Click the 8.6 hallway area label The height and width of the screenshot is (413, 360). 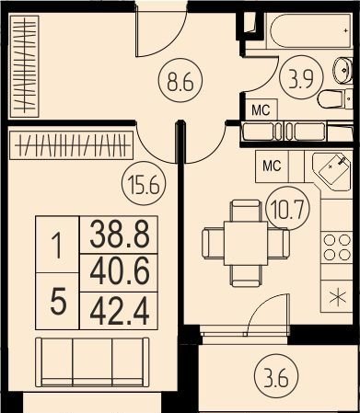(x=180, y=81)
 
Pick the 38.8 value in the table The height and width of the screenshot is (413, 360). (x=120, y=235)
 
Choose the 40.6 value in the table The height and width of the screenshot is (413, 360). (x=120, y=272)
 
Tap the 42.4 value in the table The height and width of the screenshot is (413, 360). (x=120, y=311)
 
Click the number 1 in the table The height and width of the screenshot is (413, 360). (x=57, y=246)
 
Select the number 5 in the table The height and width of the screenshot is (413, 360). (x=58, y=302)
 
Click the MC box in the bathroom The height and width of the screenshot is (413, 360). (x=261, y=109)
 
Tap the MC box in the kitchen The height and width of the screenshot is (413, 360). (x=273, y=166)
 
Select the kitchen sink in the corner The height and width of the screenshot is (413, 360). (x=334, y=170)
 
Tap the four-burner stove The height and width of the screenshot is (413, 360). (x=337, y=247)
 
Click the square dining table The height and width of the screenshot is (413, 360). (x=246, y=243)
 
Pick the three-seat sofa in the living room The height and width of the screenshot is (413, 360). (x=92, y=361)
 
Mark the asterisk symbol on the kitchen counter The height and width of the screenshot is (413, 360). (x=337, y=297)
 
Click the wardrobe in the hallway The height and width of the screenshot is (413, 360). (x=25, y=66)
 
